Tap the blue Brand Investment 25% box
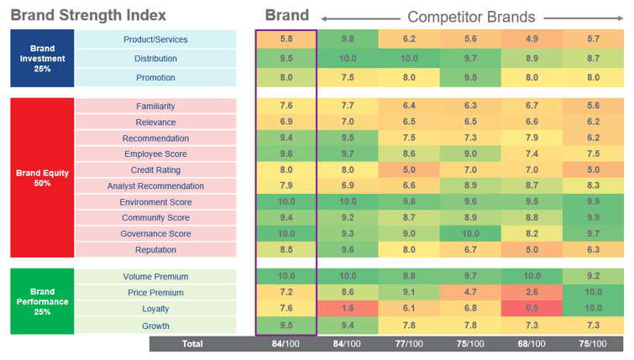(x=42, y=58)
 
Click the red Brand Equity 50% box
(x=42, y=178)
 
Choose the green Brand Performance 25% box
(x=42, y=300)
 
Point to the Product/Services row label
(x=155, y=39)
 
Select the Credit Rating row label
(x=155, y=170)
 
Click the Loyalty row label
(x=155, y=310)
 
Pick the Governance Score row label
(x=155, y=234)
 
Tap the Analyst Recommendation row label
(x=155, y=186)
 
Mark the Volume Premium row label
(x=155, y=277)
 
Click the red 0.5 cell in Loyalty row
(x=532, y=310)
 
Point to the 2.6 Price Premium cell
(x=532, y=293)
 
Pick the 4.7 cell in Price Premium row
(x=471, y=293)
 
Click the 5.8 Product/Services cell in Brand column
(x=286, y=39)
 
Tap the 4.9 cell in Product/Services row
(x=532, y=39)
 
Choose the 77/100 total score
(x=410, y=343)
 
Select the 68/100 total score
(x=532, y=343)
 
